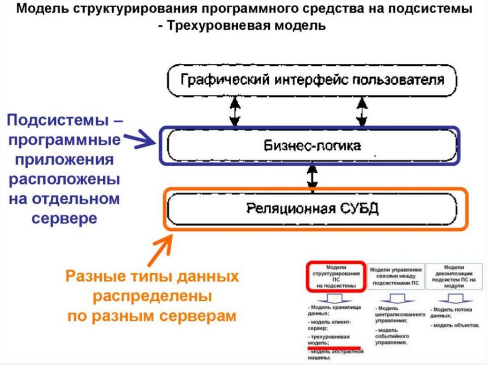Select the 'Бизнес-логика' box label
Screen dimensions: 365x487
pos(312,145)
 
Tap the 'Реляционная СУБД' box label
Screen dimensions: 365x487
pos(312,208)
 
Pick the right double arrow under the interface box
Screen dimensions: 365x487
pos(362,111)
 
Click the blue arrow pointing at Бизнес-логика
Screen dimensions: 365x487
pos(143,138)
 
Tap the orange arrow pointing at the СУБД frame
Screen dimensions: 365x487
pos(160,249)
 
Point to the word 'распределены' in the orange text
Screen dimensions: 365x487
pos(152,296)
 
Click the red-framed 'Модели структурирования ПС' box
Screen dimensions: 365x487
pos(335,276)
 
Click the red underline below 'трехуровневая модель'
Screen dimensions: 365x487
pos(334,348)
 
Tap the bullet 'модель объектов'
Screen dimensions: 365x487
pos(456,326)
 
